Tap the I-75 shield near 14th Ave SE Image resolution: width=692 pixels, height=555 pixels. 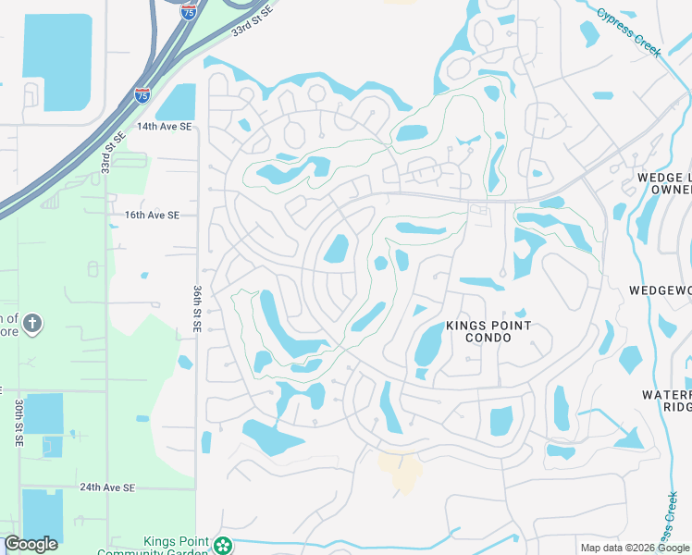click(x=142, y=94)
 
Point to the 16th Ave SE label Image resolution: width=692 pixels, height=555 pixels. click(x=152, y=215)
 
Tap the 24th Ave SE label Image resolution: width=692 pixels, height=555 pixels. click(x=107, y=487)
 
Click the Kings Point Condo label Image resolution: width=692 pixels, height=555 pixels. click(x=488, y=331)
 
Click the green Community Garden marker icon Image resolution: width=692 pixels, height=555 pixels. click(x=222, y=546)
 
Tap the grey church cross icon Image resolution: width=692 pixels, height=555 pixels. click(x=31, y=323)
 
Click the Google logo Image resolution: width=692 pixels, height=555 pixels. click(x=31, y=543)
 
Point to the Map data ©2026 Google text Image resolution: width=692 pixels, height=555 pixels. click(x=635, y=548)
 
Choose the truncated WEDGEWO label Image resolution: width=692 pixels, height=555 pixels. click(x=661, y=290)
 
